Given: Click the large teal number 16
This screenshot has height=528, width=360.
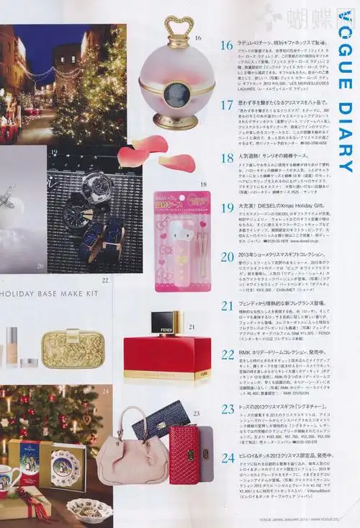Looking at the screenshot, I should click(227, 45).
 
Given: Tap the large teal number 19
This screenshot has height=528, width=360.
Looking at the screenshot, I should click(227, 207).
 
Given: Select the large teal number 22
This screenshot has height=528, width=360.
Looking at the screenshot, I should click(227, 355).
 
